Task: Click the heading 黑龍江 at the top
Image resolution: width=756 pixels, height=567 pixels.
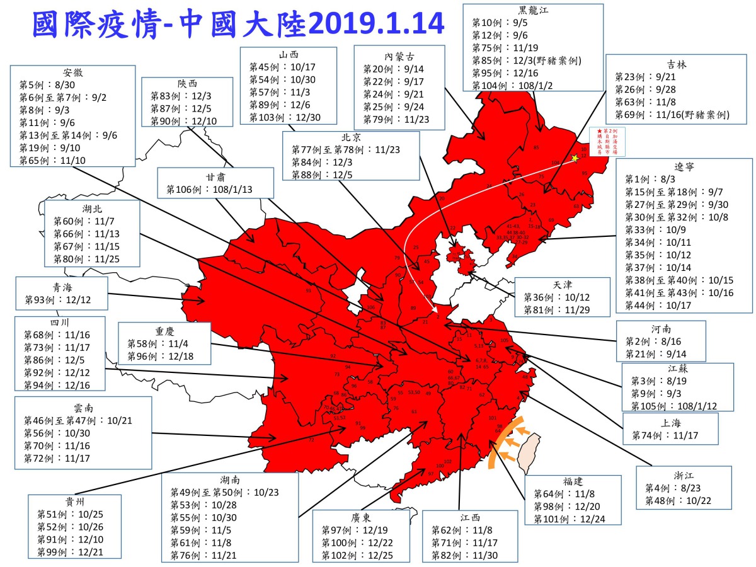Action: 533,10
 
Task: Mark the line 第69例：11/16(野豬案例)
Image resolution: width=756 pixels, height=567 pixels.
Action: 672,115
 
